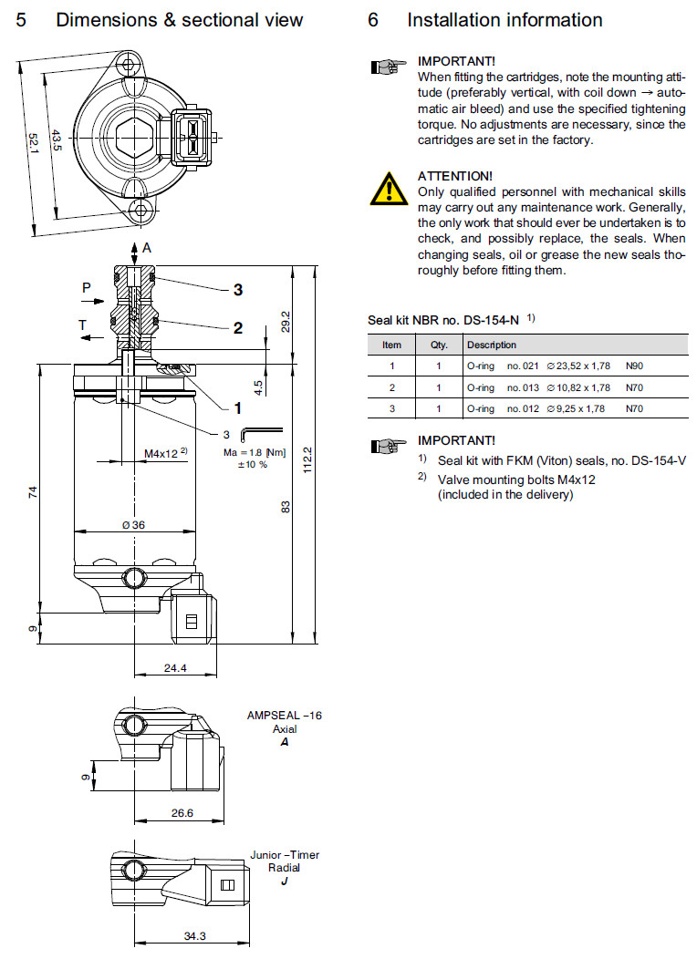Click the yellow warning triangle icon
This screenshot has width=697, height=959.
(389, 187)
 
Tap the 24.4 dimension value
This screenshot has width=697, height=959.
(174, 668)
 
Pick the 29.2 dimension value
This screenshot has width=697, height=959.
(285, 322)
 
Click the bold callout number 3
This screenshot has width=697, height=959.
(237, 290)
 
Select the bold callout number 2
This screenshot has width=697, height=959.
(237, 328)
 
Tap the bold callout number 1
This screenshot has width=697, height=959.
(237, 407)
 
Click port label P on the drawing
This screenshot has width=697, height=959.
(87, 287)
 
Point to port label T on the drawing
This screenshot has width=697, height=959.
(83, 325)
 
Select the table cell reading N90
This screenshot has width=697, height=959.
(634, 366)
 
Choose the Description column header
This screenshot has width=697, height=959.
(491, 345)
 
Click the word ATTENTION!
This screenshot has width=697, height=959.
(454, 175)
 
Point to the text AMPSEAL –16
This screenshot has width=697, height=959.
(285, 716)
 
